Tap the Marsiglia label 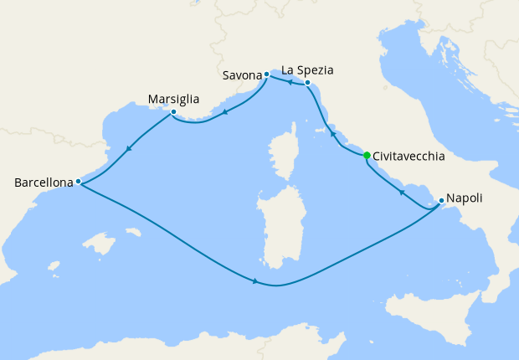coord(172,99)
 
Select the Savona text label coord(243,75)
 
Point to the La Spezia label coord(311,69)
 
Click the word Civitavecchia coord(409,156)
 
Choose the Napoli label coord(464,199)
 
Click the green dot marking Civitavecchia coord(367,155)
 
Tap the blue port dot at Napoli coord(441,200)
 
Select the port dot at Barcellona coord(78,181)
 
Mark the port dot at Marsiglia coord(172,112)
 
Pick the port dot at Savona coord(266,75)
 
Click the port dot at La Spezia coord(308,82)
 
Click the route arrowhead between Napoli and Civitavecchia coord(401,193)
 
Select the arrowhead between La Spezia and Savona coord(288,82)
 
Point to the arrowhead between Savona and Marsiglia coord(225,112)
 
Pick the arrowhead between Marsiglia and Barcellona coord(128,150)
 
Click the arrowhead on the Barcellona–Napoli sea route coord(254,281)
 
